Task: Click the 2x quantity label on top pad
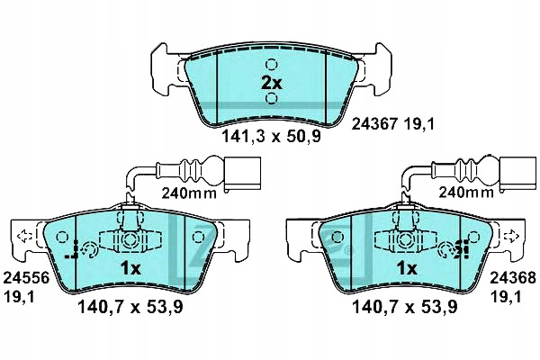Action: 272,82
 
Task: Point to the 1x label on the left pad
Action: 131,268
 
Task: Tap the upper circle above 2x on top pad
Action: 272,64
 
